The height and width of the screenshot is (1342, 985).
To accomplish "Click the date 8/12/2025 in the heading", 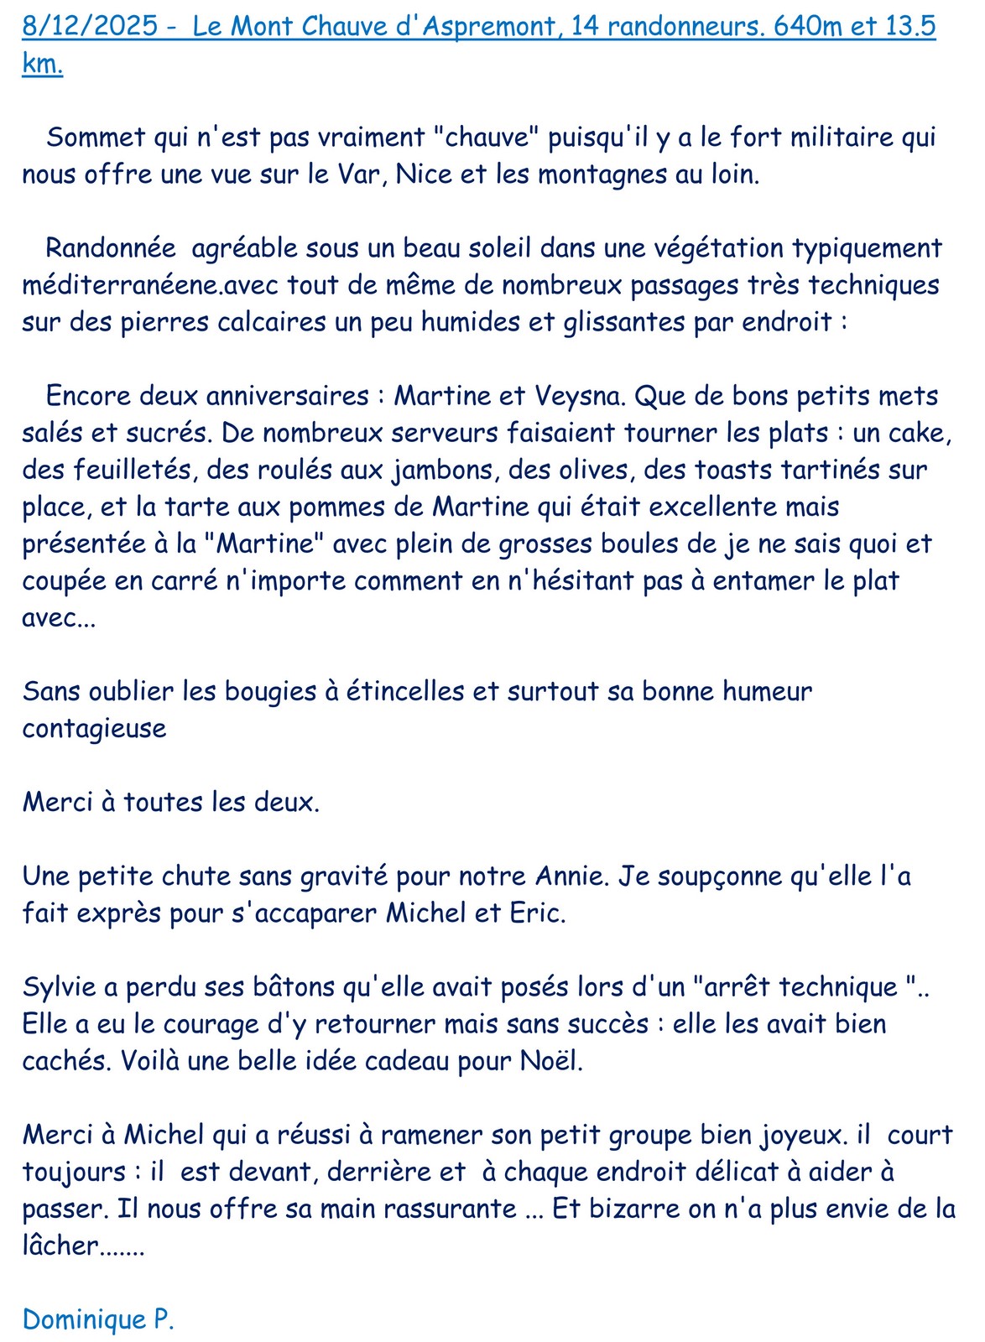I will [x=89, y=26].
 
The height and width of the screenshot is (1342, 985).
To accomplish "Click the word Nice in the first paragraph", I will [x=424, y=174].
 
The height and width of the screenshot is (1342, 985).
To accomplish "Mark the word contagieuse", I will [x=94, y=729].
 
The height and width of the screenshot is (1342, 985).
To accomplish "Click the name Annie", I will [x=571, y=876].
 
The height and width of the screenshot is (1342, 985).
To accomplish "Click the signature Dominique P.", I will [x=98, y=1319].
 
